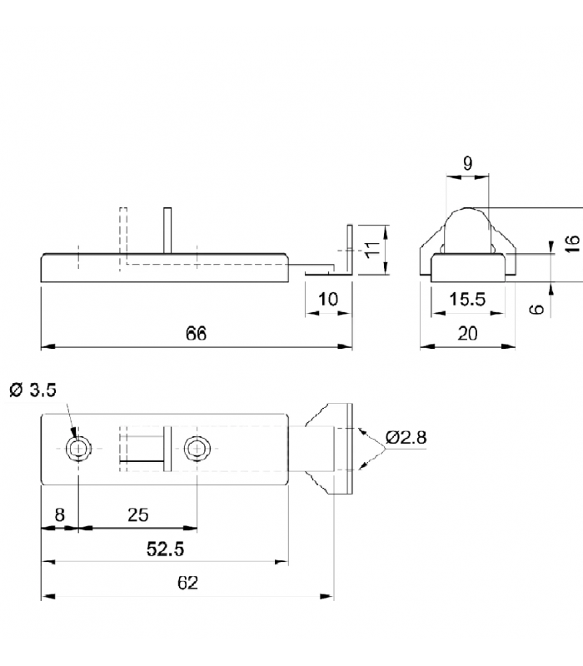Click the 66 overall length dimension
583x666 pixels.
tap(196, 334)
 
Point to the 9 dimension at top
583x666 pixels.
tap(467, 164)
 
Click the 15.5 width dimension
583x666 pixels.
tap(467, 300)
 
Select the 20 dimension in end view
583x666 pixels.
tap(468, 334)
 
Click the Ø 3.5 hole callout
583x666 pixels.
tap(32, 390)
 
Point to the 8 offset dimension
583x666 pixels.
tap(59, 515)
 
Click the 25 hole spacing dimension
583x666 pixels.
tap(138, 515)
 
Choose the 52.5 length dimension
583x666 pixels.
tap(165, 549)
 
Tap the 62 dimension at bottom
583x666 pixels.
tap(187, 583)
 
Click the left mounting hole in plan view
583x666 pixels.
tap(78, 449)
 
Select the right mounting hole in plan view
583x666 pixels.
tap(197, 449)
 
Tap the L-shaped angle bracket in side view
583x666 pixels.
tap(348, 254)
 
